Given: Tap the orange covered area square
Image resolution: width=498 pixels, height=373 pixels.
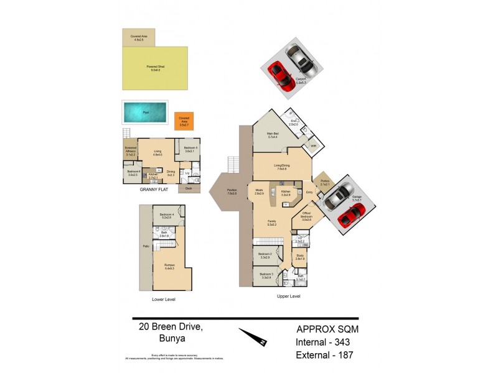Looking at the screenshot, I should [x=184, y=121].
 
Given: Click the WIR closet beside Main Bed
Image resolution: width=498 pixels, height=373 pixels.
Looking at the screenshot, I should [x=305, y=147].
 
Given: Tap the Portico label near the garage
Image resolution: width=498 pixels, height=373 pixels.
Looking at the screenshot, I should [x=325, y=183].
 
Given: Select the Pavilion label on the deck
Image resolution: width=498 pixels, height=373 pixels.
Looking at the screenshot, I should [x=232, y=193].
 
